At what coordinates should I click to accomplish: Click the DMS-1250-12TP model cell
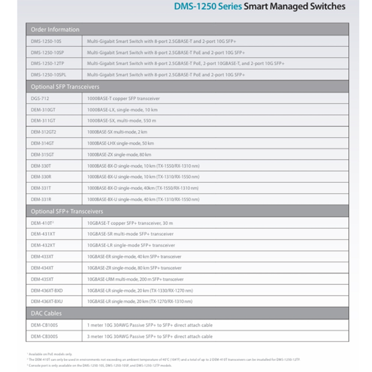coord(48,64)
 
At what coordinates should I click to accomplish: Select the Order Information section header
coord(55,30)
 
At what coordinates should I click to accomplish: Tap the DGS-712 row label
coord(40,99)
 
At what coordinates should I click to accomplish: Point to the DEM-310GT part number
coord(43,110)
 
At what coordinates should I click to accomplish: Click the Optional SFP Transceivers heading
coord(65,87)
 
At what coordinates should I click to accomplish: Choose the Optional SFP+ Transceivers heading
coord(67,211)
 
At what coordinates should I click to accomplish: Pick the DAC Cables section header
coord(46,313)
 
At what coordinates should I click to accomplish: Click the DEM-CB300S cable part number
coord(44,336)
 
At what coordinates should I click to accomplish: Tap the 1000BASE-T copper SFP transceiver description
coord(124,99)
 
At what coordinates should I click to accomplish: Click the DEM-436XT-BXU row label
coord(47,301)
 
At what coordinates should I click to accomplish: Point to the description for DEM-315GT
coord(119,154)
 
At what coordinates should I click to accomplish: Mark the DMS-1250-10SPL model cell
coord(49,75)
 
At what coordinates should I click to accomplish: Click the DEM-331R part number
coord(41,199)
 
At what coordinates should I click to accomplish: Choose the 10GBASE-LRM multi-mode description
coord(135,279)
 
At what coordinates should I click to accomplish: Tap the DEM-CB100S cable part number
coord(44,325)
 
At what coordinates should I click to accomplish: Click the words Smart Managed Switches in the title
coord(294,7)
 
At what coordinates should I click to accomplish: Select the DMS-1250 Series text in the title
coord(208,7)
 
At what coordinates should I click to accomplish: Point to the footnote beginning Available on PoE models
coord(50,354)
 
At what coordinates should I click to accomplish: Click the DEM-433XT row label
coord(42,257)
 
